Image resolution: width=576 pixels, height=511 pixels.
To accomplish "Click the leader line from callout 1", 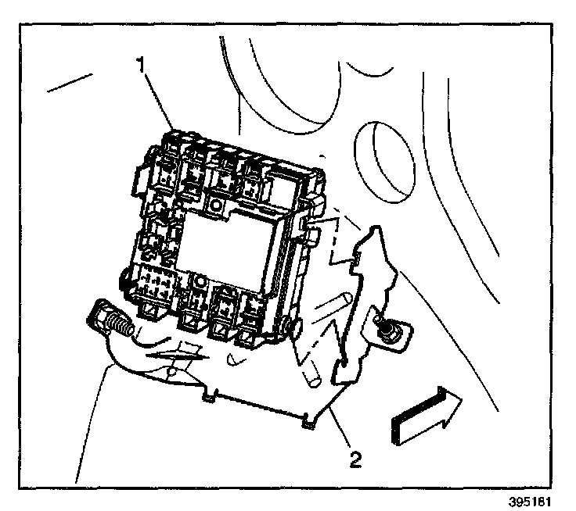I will pyautogui.click(x=160, y=98).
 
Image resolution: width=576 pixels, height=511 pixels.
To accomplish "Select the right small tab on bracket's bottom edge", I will pyautogui.click(x=308, y=423).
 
